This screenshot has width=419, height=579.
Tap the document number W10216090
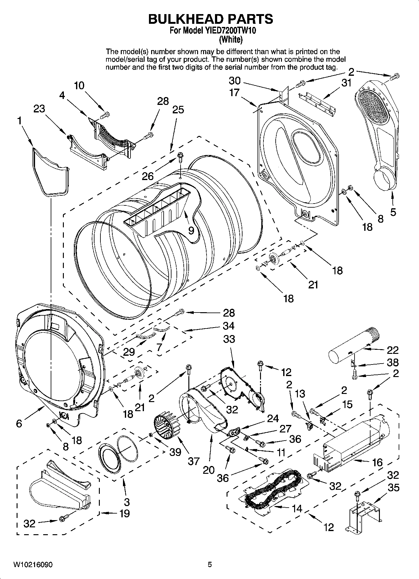[x=33, y=565]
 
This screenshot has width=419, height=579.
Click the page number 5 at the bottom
[x=210, y=565]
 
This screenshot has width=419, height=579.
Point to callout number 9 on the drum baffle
[x=191, y=231]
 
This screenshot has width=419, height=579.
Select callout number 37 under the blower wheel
[x=194, y=461]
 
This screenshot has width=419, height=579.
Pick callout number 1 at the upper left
[x=20, y=121]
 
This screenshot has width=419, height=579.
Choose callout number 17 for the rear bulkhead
[x=243, y=93]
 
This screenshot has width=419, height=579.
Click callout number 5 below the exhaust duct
[x=393, y=212]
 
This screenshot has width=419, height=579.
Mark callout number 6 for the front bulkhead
[x=19, y=424]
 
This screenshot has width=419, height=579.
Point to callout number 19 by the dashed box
[x=124, y=514]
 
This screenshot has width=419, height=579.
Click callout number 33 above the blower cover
[x=229, y=339]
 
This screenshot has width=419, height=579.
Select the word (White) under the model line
[x=231, y=40]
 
